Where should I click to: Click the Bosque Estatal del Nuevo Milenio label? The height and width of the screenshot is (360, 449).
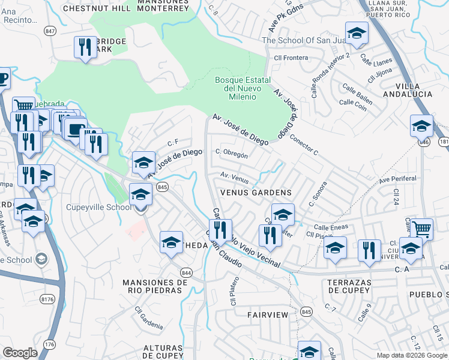[243, 88]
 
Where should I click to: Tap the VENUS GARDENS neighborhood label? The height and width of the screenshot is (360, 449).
[256, 193]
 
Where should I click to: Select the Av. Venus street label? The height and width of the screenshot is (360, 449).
[234, 177]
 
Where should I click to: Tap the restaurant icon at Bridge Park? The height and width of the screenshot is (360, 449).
[85, 47]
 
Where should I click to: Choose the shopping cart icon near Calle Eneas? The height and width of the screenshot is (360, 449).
[422, 229]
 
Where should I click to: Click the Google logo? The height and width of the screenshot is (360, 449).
[20, 353]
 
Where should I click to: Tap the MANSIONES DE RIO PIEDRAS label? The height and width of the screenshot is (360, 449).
[155, 286]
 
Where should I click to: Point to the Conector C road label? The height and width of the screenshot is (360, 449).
[303, 144]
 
